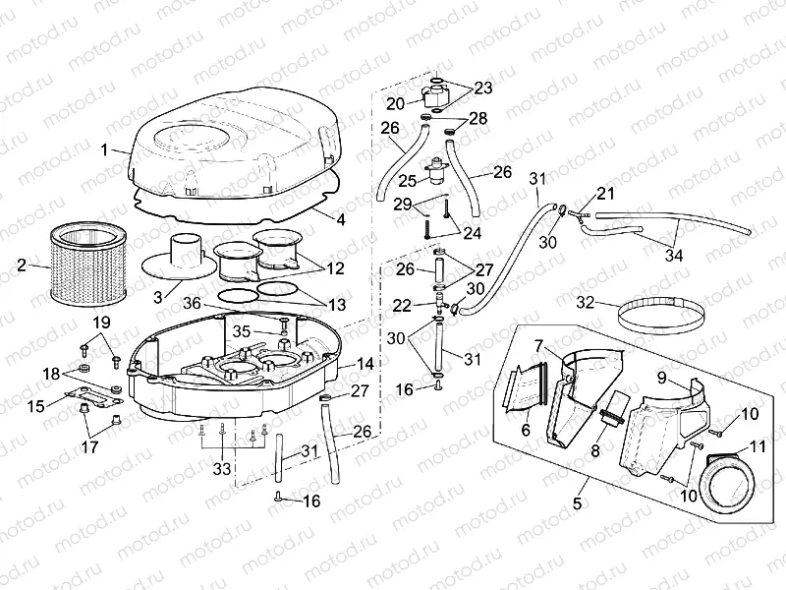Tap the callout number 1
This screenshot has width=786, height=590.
pyautogui.click(x=105, y=149)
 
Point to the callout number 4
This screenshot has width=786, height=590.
pyautogui.click(x=340, y=219)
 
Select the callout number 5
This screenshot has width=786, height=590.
pyautogui.click(x=578, y=503)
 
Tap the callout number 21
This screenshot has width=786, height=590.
pyautogui.click(x=604, y=193)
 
